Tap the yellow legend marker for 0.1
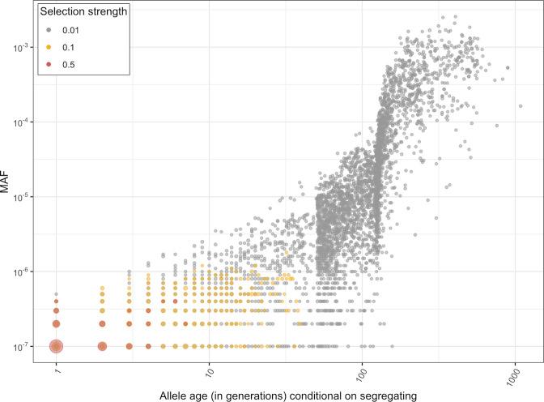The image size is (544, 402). click(21, 48)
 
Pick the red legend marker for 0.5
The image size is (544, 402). click(21, 63)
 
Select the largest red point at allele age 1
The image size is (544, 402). click(57, 346)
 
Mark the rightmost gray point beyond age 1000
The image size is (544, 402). click(521, 106)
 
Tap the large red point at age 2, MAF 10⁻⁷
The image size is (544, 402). click(103, 346)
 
